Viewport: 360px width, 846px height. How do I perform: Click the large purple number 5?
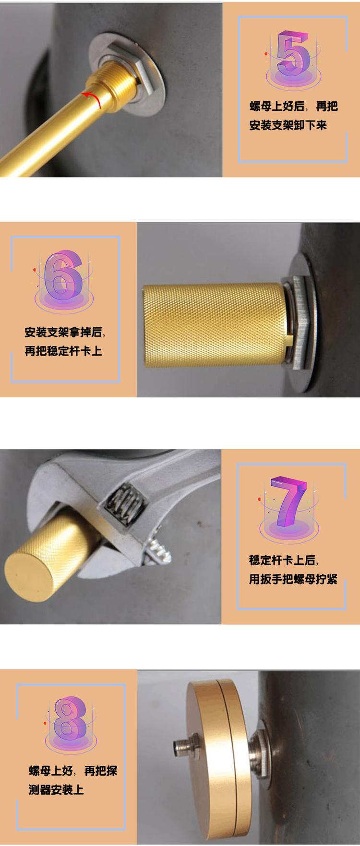[x=293, y=54]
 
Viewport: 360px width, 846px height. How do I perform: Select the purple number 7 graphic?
[x=288, y=501]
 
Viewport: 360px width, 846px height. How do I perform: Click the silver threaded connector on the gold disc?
[x=180, y=746]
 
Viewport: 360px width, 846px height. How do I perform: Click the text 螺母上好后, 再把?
[x=293, y=107]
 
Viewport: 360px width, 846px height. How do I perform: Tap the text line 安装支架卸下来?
[x=288, y=125]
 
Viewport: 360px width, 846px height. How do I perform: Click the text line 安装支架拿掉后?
[x=64, y=332]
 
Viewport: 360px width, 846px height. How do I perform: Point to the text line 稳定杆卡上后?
[x=283, y=560]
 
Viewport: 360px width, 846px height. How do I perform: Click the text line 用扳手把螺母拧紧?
[x=293, y=579]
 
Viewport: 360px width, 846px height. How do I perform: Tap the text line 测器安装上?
[x=56, y=789]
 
